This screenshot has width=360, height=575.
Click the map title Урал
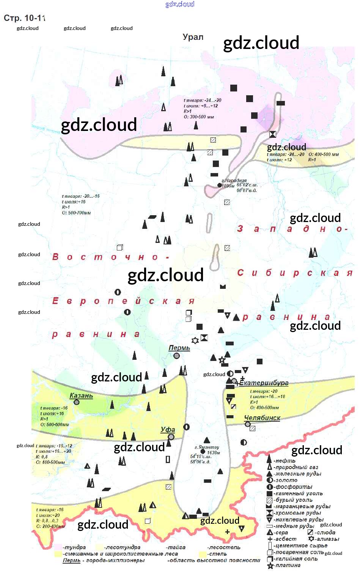click(x=193, y=37)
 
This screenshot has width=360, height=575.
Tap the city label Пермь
click(x=179, y=348)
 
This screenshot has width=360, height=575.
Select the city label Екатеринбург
click(x=264, y=383)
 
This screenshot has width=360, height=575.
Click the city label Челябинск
click(x=262, y=418)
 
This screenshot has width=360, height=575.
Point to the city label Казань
click(x=81, y=395)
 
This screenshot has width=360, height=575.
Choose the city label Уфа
click(x=168, y=430)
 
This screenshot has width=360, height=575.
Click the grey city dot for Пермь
click(x=176, y=356)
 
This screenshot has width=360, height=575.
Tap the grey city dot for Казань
click(x=77, y=402)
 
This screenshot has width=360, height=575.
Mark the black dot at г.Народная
click(x=219, y=185)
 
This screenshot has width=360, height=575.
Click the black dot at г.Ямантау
click(x=203, y=452)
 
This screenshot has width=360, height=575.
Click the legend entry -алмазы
click(x=327, y=539)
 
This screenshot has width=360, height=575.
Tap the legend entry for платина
click(x=288, y=565)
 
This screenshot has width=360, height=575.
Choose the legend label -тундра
click(x=75, y=547)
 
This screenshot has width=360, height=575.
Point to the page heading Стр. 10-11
click(x=25, y=18)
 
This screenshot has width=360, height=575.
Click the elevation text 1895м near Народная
click(x=228, y=186)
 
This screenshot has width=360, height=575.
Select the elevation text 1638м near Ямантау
click(x=214, y=452)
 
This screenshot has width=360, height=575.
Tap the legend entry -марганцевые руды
click(x=302, y=506)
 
